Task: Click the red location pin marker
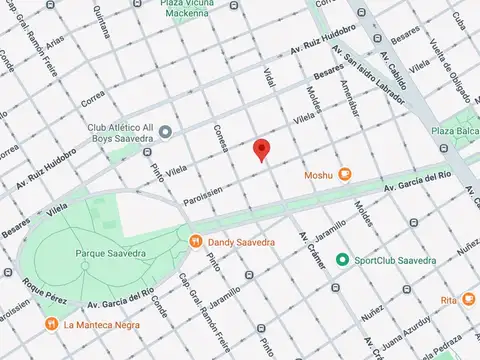pyautogui.click(x=262, y=149)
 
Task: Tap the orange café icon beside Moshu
pyautogui.click(x=345, y=174)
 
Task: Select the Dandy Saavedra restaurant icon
pyautogui.click(x=196, y=240)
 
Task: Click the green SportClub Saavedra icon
pyautogui.click(x=343, y=260)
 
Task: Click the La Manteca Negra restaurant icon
pyautogui.click(x=51, y=324)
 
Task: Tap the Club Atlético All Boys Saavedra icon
pyautogui.click(x=166, y=131)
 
